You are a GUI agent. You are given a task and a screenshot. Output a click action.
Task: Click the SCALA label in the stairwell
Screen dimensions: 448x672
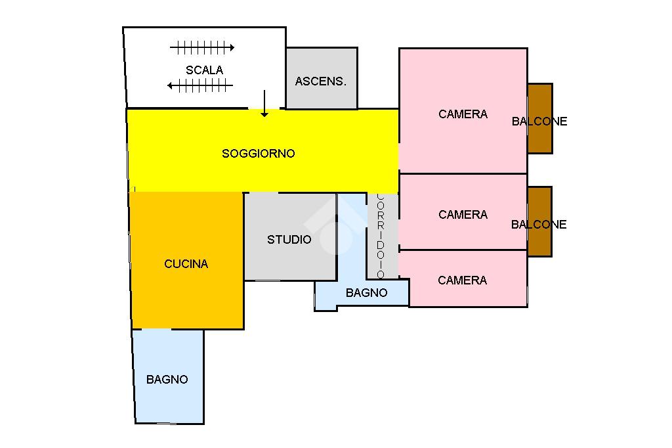(x=204, y=70)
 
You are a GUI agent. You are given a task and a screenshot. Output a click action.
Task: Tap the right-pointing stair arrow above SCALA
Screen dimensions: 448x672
(x=202, y=47)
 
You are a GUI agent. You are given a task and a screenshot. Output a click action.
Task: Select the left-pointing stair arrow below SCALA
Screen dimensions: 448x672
(x=200, y=85)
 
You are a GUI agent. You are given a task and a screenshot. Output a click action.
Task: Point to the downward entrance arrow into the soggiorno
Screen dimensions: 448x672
(x=264, y=104)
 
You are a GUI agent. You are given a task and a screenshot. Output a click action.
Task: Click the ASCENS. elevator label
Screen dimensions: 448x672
(x=320, y=81)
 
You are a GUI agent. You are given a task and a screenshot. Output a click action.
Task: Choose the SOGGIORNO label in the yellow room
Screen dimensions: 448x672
(x=259, y=154)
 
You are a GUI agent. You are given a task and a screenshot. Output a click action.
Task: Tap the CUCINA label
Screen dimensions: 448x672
(x=186, y=264)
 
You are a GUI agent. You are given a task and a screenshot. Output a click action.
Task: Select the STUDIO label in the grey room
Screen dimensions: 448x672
(x=289, y=240)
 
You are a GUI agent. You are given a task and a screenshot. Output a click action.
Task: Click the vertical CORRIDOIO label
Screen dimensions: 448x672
(x=381, y=236)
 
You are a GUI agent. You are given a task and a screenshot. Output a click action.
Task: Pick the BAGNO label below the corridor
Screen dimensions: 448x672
(x=366, y=293)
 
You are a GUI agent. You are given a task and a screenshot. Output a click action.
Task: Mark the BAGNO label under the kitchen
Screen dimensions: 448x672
(x=167, y=380)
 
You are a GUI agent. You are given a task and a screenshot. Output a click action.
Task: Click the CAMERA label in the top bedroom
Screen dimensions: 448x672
(x=463, y=114)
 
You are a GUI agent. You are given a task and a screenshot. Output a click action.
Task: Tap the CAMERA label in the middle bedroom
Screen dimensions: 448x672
(x=463, y=215)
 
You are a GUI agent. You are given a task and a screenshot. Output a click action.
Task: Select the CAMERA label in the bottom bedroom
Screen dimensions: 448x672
(x=462, y=280)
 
